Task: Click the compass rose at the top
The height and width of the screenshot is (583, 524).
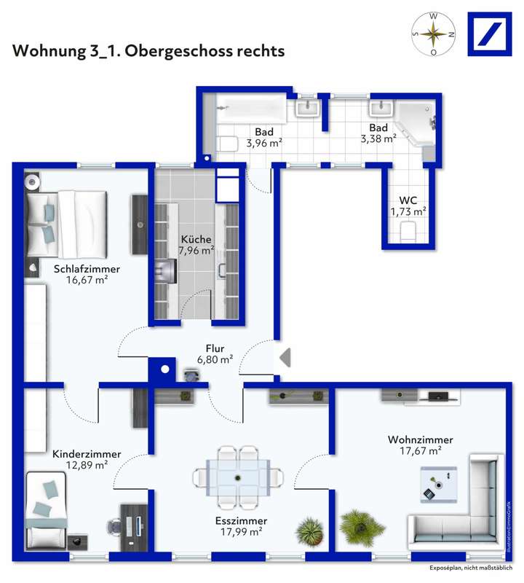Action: tap(434, 34)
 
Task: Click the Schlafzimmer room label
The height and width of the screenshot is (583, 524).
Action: tap(87, 269)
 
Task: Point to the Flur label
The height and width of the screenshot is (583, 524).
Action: tap(215, 348)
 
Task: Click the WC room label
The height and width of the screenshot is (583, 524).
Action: tap(408, 200)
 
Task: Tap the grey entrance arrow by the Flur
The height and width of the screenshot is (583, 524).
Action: tap(285, 357)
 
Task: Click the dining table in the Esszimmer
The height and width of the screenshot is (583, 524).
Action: tap(238, 477)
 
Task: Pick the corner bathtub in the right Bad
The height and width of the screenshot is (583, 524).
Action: tap(415, 120)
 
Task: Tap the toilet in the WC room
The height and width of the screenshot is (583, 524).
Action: tap(408, 231)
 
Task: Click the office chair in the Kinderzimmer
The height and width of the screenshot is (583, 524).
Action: tap(114, 525)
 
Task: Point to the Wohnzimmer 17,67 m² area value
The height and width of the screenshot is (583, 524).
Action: tap(420, 452)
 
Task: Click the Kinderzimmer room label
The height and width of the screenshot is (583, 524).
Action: tap(87, 454)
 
